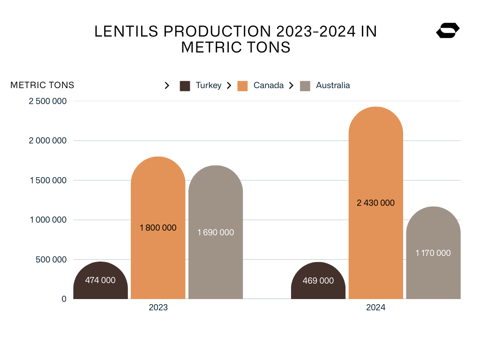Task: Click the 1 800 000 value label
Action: (x=158, y=228)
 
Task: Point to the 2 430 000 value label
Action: (x=375, y=203)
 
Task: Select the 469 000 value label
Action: (x=318, y=281)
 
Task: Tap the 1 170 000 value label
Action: (x=433, y=253)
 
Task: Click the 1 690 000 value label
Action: (x=216, y=232)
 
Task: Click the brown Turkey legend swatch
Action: (x=185, y=86)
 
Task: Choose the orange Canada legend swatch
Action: (x=242, y=86)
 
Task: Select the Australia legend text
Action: (x=333, y=85)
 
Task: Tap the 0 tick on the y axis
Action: (x=64, y=299)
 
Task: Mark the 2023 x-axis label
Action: (x=158, y=308)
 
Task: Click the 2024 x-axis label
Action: (x=375, y=308)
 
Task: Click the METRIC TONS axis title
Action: (x=42, y=85)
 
